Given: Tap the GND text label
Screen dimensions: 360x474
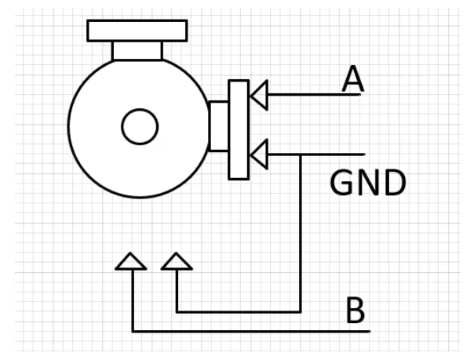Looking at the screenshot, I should coord(367,184).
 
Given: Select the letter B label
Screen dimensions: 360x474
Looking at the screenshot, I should coord(355,311).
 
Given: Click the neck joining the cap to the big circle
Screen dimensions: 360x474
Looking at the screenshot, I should coord(137,50).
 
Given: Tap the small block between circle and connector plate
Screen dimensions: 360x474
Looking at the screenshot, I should coord(218,125).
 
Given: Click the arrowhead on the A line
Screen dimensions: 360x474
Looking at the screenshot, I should coord(258,95).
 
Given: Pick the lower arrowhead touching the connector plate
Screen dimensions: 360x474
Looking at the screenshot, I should coord(258,154).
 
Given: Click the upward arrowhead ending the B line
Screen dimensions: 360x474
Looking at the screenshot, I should coord(131,261).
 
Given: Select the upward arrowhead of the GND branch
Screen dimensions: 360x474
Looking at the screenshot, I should coord(177,261).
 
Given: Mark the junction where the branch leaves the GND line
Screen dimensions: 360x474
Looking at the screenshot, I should coord(301,154).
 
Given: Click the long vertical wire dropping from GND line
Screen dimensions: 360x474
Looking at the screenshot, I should coord(301,235).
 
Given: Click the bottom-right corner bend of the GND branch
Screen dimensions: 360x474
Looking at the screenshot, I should coord(301,311).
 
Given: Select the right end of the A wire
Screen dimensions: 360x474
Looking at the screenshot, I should coord(362,95).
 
